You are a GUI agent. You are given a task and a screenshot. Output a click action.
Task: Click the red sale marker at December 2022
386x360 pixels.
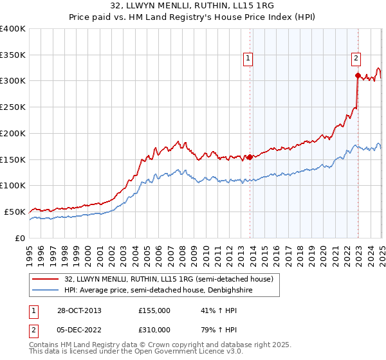tap(358, 75)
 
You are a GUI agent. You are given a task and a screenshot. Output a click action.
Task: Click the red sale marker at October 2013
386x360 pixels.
tap(250, 156)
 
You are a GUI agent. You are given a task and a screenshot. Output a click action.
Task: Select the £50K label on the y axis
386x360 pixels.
tap(15, 212)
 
